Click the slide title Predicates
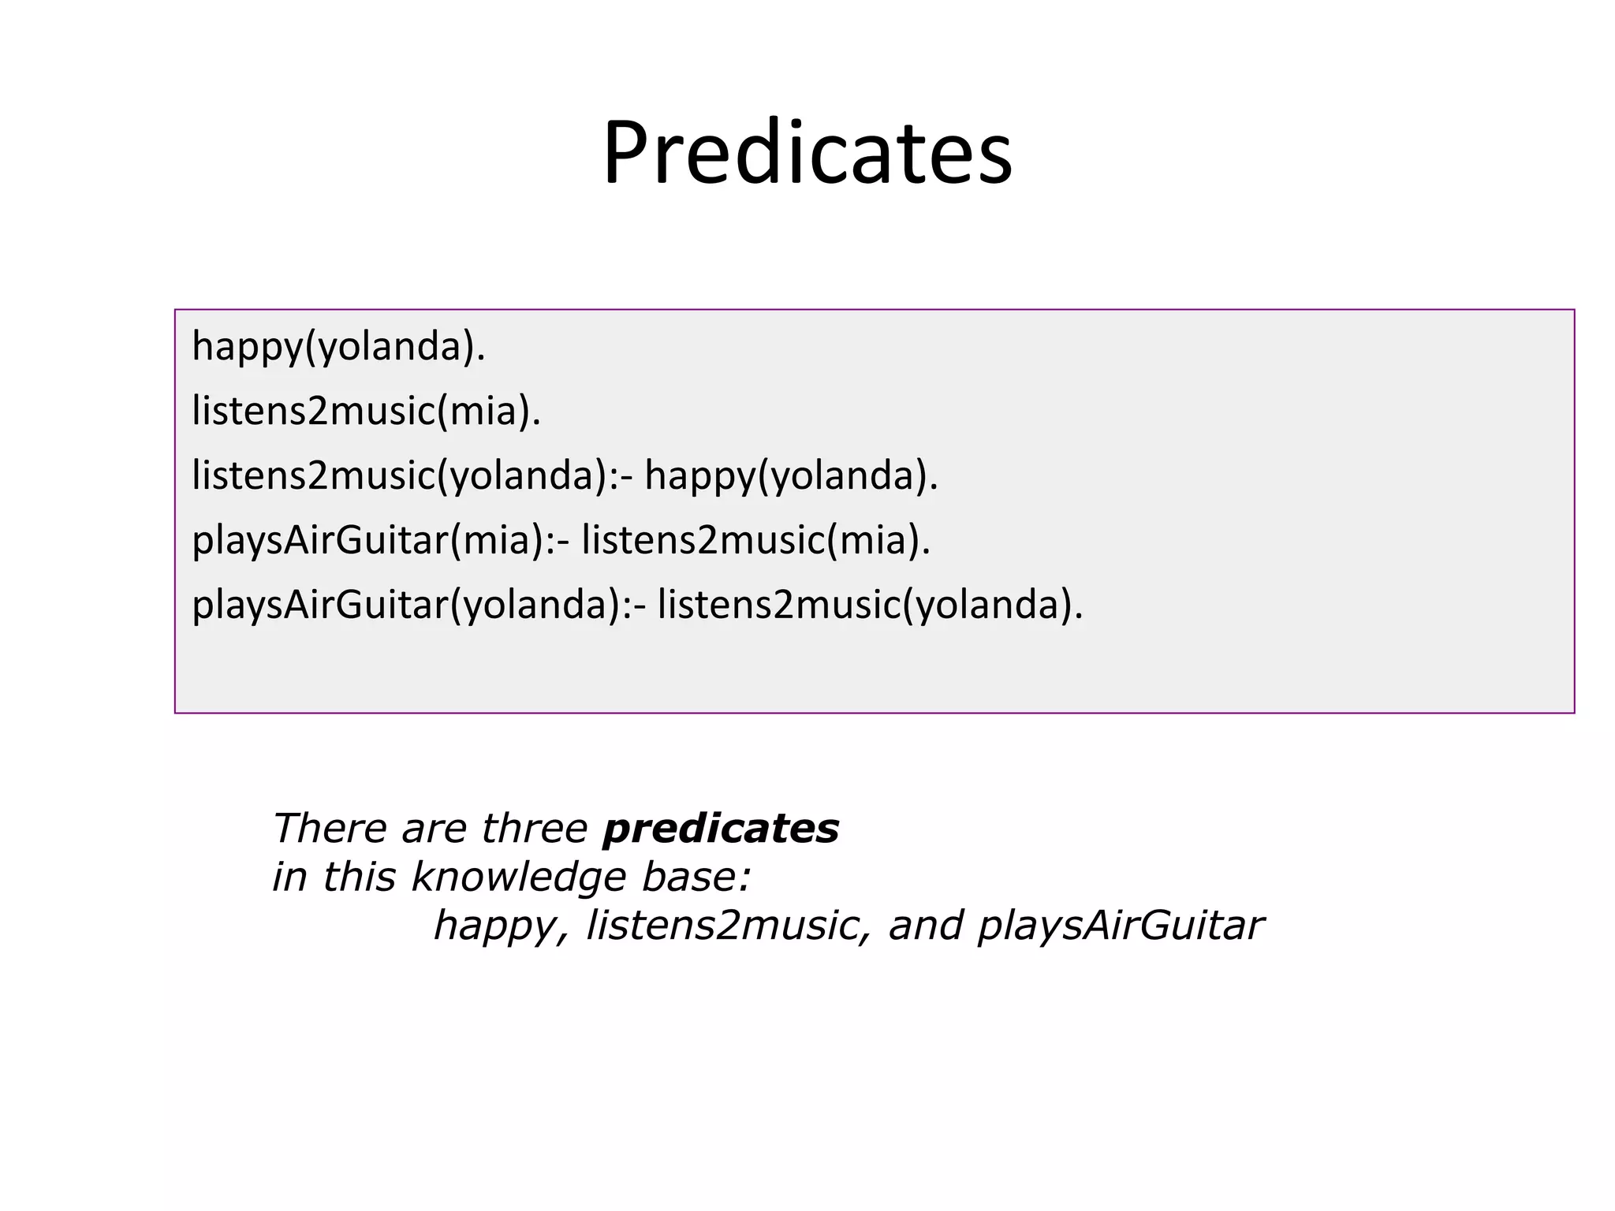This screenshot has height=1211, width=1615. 807,153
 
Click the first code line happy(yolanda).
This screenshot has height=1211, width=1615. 338,347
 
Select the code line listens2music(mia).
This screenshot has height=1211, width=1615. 367,412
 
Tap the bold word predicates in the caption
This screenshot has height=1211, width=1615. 720,829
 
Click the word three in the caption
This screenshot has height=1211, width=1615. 534,829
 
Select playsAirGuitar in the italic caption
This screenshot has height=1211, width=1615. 1120,926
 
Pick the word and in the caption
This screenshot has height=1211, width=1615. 926,926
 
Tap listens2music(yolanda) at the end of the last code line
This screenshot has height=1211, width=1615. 870,605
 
